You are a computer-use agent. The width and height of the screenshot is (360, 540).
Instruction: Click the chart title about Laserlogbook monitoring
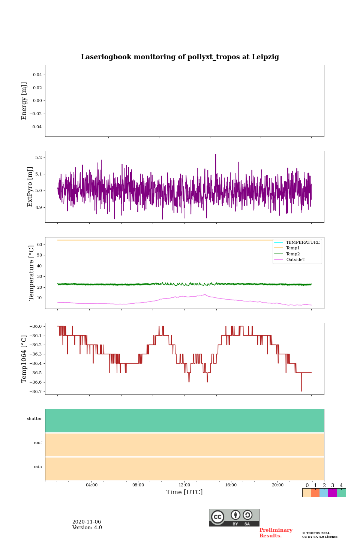[x=180, y=57]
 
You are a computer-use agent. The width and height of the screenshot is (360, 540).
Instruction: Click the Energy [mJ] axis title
[x=24, y=101]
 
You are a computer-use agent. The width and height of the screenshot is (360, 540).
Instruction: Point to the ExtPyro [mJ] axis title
[x=30, y=187]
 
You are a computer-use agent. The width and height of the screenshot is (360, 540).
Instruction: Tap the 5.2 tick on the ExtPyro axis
[x=38, y=157]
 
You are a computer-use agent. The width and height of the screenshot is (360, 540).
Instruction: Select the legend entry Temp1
[x=293, y=248]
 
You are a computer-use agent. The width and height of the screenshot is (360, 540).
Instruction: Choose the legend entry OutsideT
[x=295, y=260]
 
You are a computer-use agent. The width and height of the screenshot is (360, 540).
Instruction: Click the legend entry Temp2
[x=293, y=254]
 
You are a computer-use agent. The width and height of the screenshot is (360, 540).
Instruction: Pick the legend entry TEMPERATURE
[x=303, y=243]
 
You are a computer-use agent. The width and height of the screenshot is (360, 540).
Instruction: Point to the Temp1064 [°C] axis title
[x=24, y=359]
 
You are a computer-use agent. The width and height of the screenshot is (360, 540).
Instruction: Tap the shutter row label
[x=34, y=419]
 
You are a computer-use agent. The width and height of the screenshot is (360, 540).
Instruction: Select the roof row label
[x=38, y=443]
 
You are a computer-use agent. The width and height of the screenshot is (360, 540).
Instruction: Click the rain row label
[x=38, y=467]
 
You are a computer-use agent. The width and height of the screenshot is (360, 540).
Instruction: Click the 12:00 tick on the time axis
[x=184, y=485]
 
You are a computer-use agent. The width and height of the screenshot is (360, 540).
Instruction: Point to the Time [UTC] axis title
[x=184, y=492]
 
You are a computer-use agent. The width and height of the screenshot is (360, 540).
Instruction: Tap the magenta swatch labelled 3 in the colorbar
[x=332, y=493]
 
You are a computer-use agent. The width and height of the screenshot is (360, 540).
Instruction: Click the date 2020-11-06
[x=87, y=522]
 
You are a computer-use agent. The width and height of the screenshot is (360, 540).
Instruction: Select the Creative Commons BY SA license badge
[x=234, y=517]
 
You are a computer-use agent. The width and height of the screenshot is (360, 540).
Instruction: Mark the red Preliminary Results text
[x=276, y=533]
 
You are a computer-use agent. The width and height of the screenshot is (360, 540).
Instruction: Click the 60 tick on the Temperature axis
[x=39, y=244]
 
